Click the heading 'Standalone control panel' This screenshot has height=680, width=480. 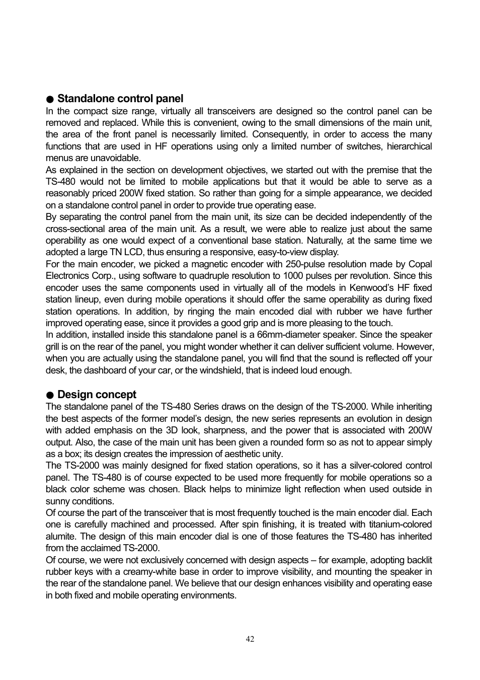(x=120, y=99)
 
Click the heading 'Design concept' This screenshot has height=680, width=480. (x=97, y=395)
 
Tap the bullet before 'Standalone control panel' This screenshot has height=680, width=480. (x=50, y=99)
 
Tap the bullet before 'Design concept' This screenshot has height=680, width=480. (x=50, y=395)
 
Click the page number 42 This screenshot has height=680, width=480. (x=250, y=639)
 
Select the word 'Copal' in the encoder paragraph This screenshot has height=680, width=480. (x=420, y=264)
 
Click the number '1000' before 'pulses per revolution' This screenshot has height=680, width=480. (x=293, y=276)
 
